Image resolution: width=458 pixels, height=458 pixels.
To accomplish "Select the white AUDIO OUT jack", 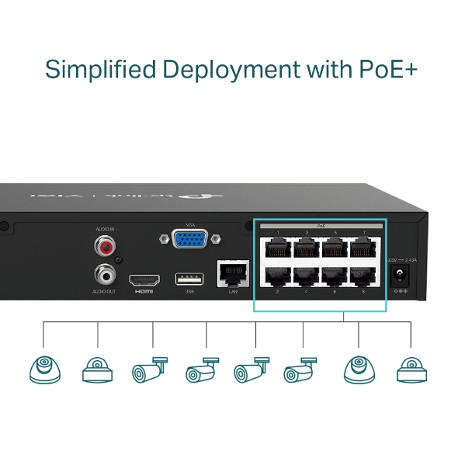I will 103,274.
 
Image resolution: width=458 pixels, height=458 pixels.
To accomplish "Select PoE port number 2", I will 277,276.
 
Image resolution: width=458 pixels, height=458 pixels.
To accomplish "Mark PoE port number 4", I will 305,276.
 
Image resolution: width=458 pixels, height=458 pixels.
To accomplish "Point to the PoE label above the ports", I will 320,224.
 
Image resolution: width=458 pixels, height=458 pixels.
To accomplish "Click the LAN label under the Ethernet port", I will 232,291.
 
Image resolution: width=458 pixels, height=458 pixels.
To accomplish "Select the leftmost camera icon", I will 43,370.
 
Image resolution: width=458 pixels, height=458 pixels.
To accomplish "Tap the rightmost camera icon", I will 411,370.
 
